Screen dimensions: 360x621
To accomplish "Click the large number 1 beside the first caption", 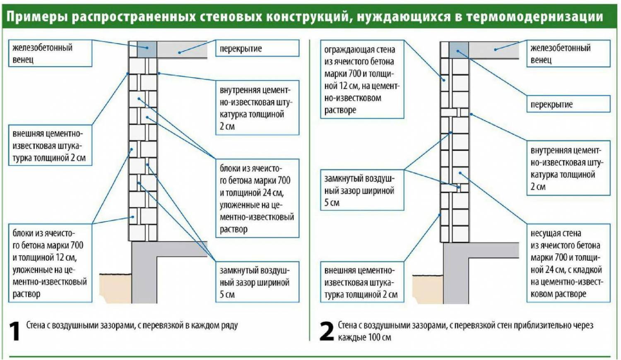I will click(x=14, y=331).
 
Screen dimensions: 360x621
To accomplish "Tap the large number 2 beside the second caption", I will click(x=327, y=331).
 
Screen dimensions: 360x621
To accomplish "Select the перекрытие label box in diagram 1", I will click(x=257, y=48).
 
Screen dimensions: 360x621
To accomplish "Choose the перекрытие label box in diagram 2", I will click(x=568, y=104).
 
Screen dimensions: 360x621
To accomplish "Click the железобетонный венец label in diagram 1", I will click(x=50, y=53).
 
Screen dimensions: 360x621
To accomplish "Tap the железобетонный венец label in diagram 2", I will click(x=568, y=54).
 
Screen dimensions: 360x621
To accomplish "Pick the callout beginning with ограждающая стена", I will click(x=361, y=79).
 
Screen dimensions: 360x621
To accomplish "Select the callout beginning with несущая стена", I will click(x=568, y=263).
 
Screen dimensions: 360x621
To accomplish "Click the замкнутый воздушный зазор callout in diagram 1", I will click(x=257, y=282).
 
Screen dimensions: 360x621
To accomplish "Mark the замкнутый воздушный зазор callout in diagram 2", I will click(x=361, y=190).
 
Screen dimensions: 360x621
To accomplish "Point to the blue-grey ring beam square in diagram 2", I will click(x=459, y=49).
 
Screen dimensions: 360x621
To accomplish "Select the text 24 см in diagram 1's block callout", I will click(x=272, y=193).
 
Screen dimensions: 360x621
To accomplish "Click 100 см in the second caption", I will click(x=379, y=337).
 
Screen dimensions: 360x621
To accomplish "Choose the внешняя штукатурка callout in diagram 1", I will click(x=50, y=146).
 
